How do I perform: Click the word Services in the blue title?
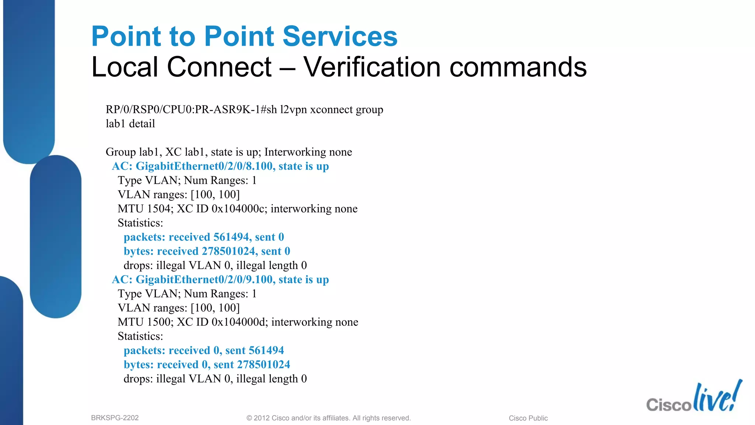[340, 37]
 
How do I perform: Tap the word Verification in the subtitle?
[372, 67]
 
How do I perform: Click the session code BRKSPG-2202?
[115, 418]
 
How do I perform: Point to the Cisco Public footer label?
[528, 418]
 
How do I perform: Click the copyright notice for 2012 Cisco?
[328, 418]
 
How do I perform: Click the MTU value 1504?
[159, 209]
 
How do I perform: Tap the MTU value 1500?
[159, 322]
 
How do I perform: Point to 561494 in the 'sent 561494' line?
[266, 350]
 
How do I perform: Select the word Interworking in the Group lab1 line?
[291, 152]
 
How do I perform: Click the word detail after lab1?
[142, 124]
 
